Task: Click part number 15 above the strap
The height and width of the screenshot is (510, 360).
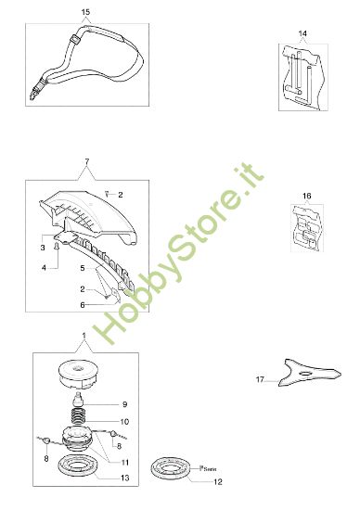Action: click(x=85, y=10)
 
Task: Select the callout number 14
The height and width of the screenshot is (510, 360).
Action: click(x=302, y=33)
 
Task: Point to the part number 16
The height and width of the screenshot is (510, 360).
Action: click(x=306, y=196)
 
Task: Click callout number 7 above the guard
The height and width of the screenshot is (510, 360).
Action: click(x=86, y=164)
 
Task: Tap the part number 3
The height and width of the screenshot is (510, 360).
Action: click(x=43, y=249)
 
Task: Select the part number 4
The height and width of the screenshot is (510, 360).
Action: click(x=43, y=268)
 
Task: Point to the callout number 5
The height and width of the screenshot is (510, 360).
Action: click(x=82, y=268)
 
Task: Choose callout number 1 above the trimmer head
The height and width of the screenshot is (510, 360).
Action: click(x=84, y=335)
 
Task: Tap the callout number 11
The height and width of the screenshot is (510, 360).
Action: click(x=125, y=461)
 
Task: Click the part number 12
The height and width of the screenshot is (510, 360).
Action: click(x=218, y=481)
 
